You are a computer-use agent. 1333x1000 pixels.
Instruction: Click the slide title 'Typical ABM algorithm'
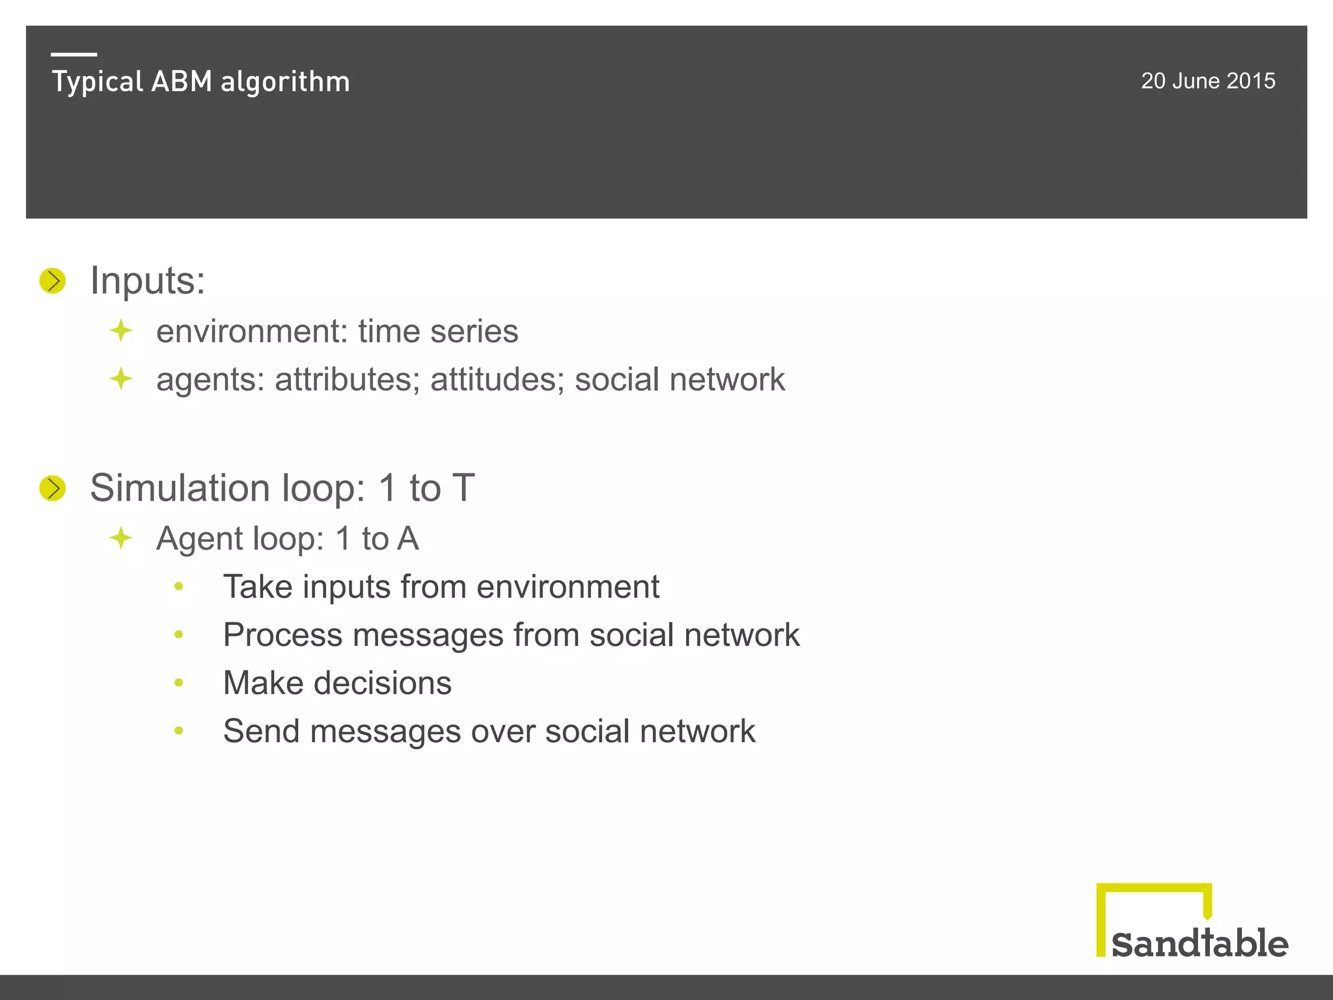click(x=200, y=82)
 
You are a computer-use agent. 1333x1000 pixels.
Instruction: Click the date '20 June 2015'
click(x=1207, y=81)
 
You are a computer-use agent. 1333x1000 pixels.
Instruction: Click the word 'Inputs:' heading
click(x=147, y=281)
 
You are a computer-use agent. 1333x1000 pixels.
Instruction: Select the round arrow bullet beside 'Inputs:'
click(x=53, y=281)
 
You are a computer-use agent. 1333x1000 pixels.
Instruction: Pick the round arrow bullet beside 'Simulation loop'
click(x=53, y=488)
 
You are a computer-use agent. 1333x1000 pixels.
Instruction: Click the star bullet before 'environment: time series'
click(x=121, y=331)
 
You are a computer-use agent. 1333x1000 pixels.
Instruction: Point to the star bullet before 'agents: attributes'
click(x=121, y=379)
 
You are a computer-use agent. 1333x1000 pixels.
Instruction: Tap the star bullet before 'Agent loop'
click(x=121, y=538)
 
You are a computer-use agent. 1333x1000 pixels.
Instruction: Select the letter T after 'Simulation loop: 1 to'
click(x=463, y=488)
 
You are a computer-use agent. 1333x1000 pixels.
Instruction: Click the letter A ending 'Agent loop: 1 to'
click(x=407, y=538)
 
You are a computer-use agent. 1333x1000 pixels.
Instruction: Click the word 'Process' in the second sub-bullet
click(x=282, y=635)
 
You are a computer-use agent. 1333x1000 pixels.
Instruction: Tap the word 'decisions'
click(x=383, y=683)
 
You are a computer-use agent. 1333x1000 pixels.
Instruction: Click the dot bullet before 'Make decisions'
click(x=179, y=683)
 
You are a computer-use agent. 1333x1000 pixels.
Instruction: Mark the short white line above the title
click(x=74, y=54)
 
